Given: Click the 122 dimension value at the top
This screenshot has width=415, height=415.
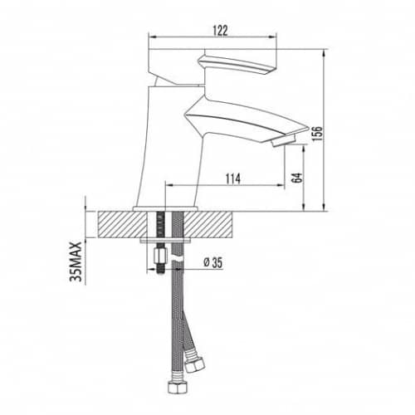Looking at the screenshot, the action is (221, 31).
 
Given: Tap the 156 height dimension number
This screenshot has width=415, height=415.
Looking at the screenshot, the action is (317, 134).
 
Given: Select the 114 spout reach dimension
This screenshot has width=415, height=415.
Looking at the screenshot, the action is (233, 179).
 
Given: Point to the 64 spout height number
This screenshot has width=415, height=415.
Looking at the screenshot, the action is (296, 178).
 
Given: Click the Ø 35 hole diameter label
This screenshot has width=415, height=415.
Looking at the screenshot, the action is (213, 262).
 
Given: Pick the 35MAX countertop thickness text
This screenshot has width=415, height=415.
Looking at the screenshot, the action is (76, 261).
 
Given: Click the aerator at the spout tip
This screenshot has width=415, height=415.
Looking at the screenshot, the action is (284, 140).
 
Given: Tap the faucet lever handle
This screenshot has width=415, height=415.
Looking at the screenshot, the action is (237, 64).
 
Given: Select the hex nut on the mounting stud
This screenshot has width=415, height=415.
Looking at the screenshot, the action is (160, 255).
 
